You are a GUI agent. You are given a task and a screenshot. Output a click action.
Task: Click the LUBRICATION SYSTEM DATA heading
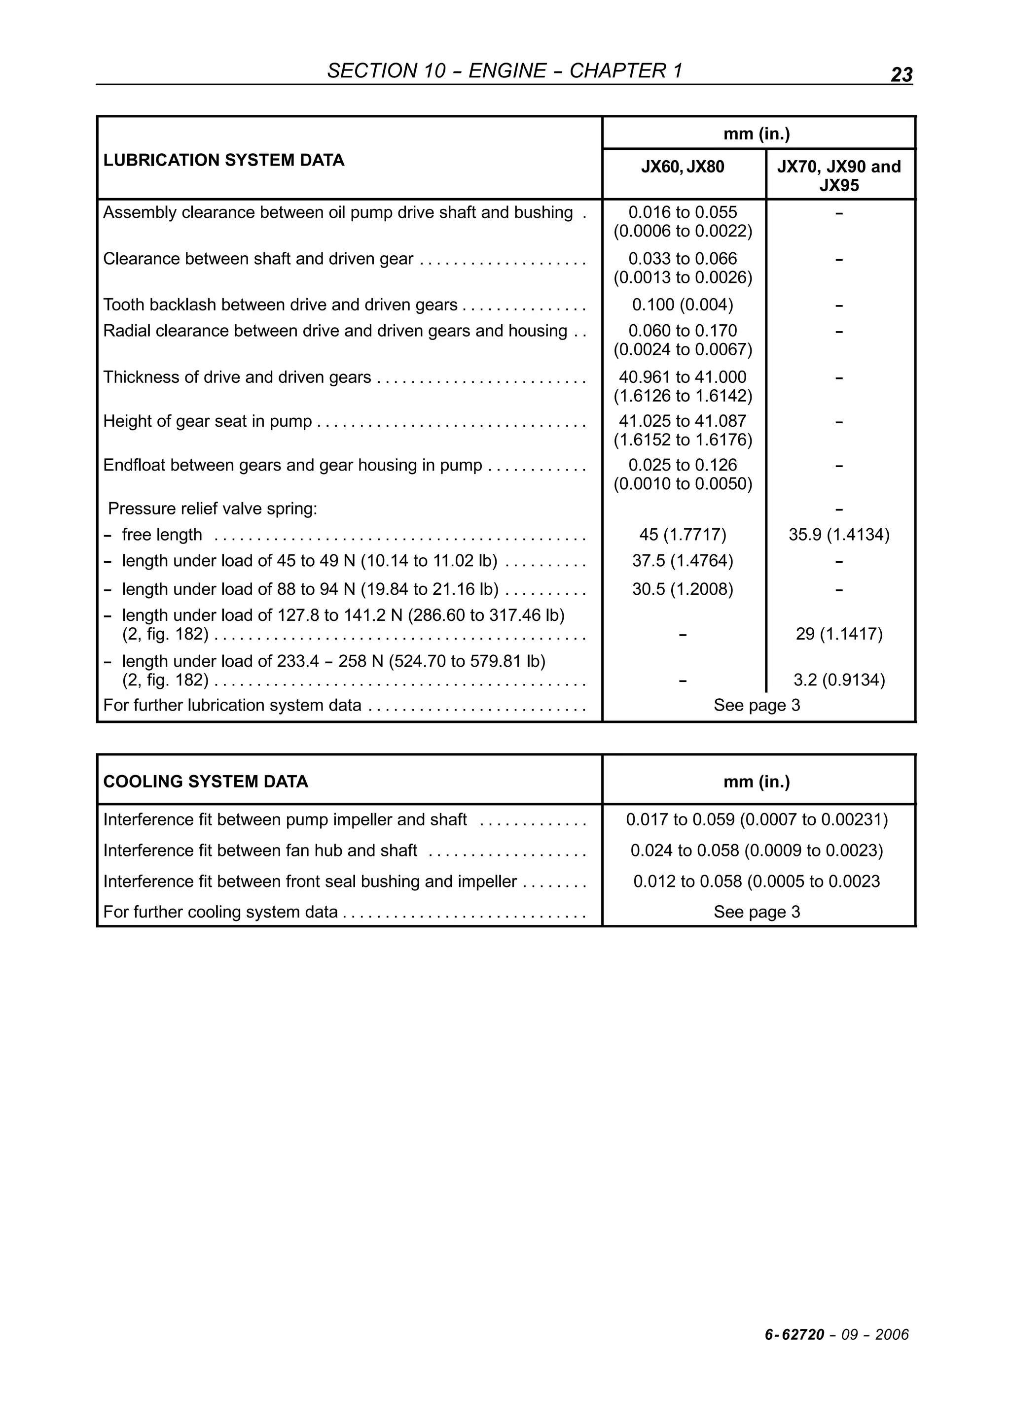point(223,161)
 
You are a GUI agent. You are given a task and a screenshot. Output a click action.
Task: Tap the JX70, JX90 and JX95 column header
point(839,176)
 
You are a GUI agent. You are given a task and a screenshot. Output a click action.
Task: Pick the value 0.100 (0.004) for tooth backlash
point(683,305)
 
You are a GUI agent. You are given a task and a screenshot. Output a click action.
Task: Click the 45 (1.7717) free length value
point(683,535)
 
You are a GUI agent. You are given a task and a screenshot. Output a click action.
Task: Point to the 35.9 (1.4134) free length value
point(839,535)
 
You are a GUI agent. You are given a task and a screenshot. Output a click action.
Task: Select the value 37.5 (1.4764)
point(683,561)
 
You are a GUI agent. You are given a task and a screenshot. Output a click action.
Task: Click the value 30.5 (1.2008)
point(683,589)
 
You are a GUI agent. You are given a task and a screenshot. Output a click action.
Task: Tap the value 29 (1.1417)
point(839,634)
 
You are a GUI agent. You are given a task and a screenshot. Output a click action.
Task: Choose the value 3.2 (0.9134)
point(839,680)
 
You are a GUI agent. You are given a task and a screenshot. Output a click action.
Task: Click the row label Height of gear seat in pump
point(207,422)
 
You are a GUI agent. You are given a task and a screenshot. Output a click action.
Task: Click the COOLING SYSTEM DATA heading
point(205,782)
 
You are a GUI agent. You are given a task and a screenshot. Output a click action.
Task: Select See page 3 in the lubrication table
point(757,705)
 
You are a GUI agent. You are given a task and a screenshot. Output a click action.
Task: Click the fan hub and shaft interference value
point(757,851)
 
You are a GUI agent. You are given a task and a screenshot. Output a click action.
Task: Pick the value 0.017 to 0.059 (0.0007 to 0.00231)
point(757,820)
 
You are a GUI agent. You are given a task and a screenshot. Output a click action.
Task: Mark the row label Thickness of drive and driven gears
point(237,377)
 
